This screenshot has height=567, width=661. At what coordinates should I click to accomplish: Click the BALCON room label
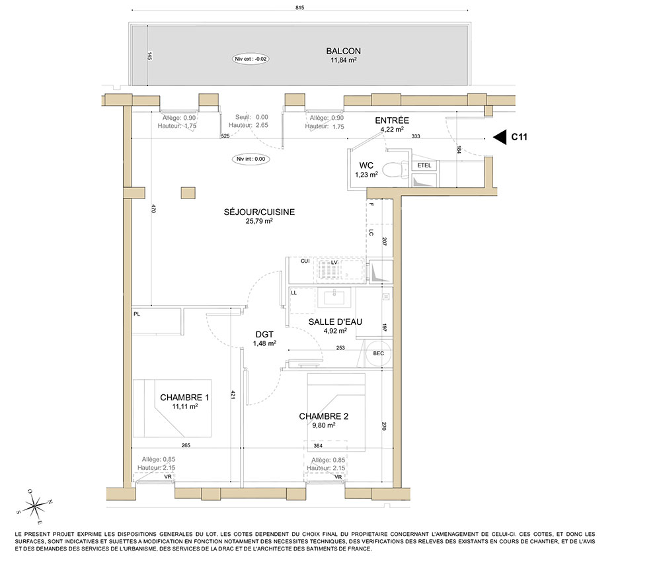(x=343, y=51)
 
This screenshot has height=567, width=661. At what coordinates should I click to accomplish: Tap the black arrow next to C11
(x=500, y=137)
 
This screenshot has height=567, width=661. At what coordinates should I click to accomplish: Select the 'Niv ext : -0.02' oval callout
(x=251, y=59)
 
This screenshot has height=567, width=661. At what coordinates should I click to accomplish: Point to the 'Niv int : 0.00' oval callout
(x=251, y=159)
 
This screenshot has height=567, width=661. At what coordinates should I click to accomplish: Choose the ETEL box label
(x=424, y=165)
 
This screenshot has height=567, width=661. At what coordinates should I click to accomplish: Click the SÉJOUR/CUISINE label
(x=259, y=212)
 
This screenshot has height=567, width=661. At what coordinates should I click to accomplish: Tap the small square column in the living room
(x=188, y=193)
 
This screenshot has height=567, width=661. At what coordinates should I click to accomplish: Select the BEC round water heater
(x=378, y=353)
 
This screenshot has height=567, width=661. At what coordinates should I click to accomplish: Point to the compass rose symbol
(x=35, y=505)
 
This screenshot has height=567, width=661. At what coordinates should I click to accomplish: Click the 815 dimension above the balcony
(x=299, y=7)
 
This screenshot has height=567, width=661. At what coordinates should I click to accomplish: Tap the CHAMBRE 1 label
(x=184, y=398)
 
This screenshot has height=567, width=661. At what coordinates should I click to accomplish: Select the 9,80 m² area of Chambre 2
(x=324, y=425)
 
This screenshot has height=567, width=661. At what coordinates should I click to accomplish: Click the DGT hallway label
(x=264, y=334)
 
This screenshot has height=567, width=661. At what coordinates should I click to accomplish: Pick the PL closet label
(x=137, y=314)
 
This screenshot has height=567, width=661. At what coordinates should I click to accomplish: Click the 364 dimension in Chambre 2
(x=318, y=445)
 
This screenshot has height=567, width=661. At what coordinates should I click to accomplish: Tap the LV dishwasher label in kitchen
(x=334, y=263)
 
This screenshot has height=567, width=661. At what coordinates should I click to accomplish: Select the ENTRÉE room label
(x=392, y=120)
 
